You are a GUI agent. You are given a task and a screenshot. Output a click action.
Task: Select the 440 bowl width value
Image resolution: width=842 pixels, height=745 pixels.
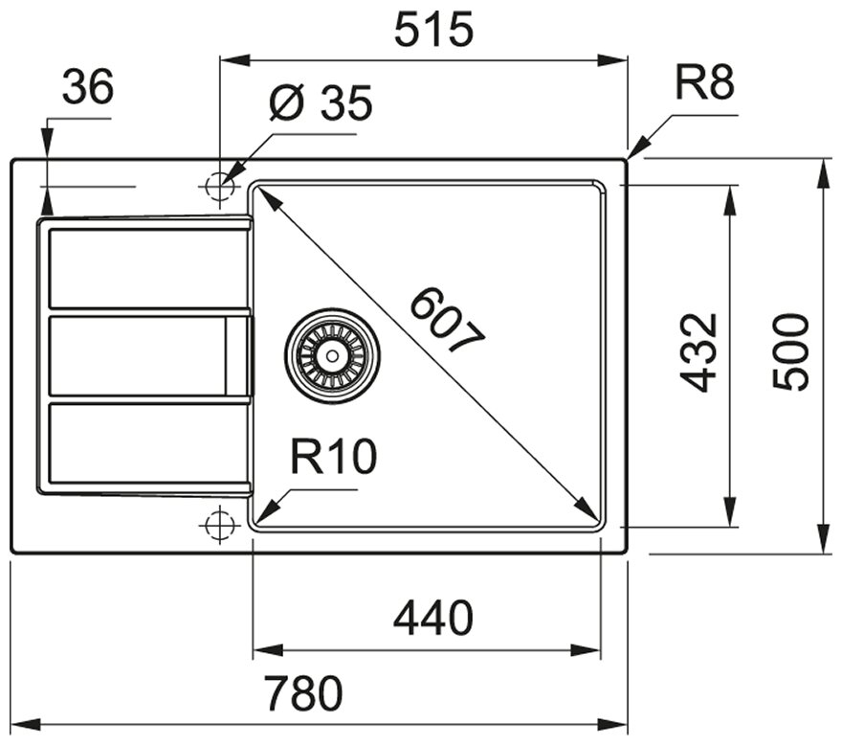click(433, 619)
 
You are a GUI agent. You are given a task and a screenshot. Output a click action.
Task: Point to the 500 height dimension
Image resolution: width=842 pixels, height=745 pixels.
click(791, 352)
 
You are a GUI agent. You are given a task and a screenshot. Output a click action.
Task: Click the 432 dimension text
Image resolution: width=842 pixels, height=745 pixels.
click(699, 352)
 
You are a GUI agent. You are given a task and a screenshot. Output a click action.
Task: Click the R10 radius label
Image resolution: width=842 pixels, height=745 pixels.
click(334, 458)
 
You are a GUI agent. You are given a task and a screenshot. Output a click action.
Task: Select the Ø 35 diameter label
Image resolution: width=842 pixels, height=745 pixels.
click(321, 103)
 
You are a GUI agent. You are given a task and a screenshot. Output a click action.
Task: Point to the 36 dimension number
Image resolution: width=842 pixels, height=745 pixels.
click(88, 88)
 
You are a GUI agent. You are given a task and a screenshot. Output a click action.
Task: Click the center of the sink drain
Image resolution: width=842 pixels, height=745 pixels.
click(332, 355)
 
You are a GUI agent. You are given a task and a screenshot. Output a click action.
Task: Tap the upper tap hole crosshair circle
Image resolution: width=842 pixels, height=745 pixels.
click(219, 185)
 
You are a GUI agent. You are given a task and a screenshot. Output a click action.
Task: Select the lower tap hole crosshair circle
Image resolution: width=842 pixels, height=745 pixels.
click(219, 525)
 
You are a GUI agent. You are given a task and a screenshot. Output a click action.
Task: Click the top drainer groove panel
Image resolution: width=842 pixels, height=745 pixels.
click(144, 268)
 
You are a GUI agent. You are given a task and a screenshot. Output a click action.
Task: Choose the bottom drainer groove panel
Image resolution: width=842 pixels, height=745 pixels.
click(144, 444)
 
